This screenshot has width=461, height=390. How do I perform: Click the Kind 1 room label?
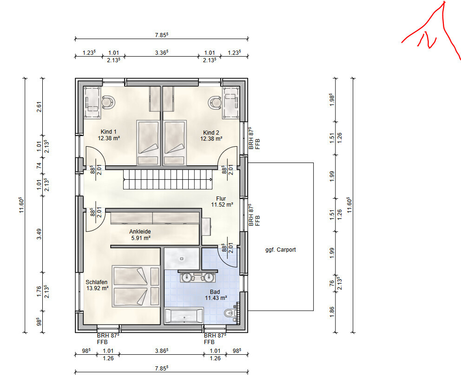(x=108, y=135)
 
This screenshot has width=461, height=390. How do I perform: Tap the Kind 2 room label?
(x=211, y=136)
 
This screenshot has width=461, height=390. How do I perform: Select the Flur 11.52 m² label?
(x=222, y=201)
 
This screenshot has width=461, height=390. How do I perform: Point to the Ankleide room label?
(x=140, y=234)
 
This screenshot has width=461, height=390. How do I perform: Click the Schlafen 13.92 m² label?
(x=97, y=285)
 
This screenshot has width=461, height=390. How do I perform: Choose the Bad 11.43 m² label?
(x=216, y=295)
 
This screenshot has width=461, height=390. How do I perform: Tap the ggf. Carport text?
(x=281, y=250)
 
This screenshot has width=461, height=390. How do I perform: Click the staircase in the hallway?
(x=168, y=179)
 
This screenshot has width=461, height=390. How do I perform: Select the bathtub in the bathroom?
(x=184, y=316)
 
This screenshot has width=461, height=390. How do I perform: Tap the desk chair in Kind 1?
(x=108, y=102)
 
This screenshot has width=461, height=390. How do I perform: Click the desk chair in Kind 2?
(x=215, y=103)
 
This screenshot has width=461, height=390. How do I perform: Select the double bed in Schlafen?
(x=136, y=286)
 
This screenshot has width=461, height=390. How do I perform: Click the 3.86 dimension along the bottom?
(x=161, y=351)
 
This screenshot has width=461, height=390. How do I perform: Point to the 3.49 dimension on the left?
(x=39, y=234)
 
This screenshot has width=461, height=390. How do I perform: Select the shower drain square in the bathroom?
(x=182, y=259)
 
